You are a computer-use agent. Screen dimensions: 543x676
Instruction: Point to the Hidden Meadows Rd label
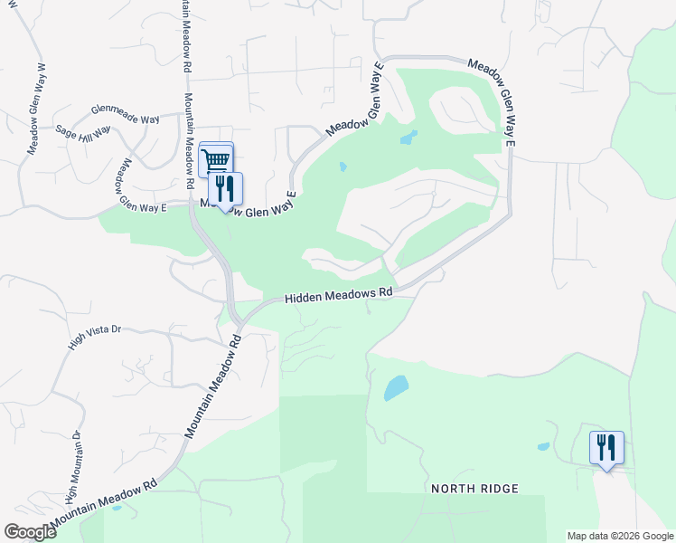[340, 295]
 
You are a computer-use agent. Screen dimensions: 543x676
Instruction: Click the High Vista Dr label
[94, 337]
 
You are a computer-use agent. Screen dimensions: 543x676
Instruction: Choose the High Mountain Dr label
[72, 467]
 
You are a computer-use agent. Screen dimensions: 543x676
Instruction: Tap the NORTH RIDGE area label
[474, 489]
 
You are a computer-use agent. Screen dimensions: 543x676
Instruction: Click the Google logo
[30, 532]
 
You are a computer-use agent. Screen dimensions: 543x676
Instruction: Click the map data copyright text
[620, 536]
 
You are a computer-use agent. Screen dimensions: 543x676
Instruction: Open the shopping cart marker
[215, 160]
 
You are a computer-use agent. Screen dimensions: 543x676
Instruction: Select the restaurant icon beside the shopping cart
[225, 188]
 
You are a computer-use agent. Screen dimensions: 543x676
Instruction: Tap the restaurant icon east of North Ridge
[606, 447]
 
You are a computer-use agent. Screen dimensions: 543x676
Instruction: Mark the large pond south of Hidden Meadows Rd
[396, 388]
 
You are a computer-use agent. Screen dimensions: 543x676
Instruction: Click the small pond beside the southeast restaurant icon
[543, 446]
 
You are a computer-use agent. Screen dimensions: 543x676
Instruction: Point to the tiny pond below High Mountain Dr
[117, 507]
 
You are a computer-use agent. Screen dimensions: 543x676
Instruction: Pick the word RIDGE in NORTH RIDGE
[500, 489]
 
